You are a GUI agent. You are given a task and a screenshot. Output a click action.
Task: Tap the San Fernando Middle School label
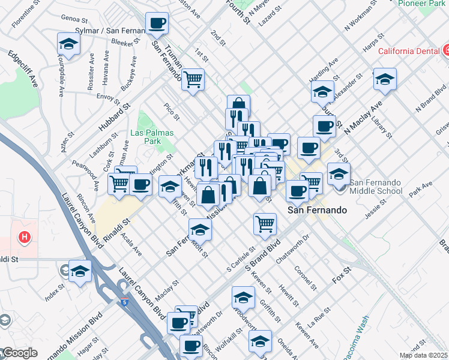[x=376, y=187]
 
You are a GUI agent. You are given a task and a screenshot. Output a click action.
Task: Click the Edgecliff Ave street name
[x=23, y=68]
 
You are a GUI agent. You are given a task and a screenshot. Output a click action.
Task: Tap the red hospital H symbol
[x=25, y=238]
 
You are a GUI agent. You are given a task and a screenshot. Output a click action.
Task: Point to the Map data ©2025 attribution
[x=423, y=355]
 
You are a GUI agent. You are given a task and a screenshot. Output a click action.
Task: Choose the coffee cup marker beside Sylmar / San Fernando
[x=157, y=24]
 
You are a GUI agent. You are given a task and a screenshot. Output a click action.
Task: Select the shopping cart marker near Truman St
[x=193, y=79]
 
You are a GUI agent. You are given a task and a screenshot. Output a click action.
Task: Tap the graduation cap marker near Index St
[x=80, y=271]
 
